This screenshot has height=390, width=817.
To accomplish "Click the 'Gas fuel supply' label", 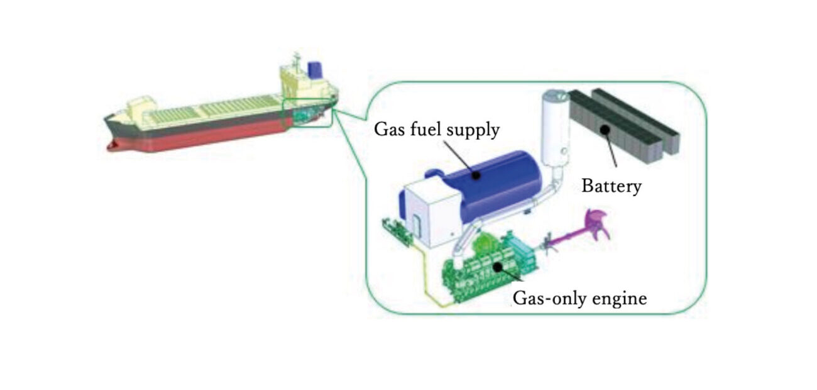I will (436, 130).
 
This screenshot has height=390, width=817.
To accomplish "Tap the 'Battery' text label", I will (611, 186).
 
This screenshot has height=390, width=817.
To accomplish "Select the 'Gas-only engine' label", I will (579, 298).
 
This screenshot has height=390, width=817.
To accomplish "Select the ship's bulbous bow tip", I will (112, 146).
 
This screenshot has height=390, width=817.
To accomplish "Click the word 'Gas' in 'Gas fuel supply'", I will (387, 130).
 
